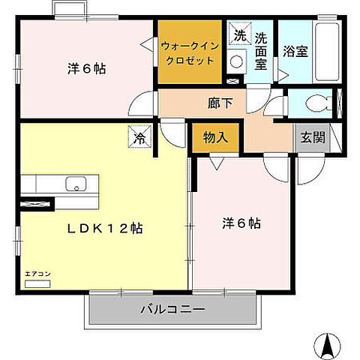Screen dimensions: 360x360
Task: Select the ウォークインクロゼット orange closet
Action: coord(189,51)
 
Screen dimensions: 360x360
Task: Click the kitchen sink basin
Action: coord(76,184)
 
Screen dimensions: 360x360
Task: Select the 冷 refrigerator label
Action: coord(139,137)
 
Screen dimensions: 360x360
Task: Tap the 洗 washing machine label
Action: coord(240,35)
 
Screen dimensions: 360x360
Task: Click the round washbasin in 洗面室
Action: coord(236,61)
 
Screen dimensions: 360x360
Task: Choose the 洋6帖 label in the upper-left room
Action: coord(86,69)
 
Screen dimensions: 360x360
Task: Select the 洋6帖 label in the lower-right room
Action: coord(241,223)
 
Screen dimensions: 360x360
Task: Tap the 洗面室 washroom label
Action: coord(261,51)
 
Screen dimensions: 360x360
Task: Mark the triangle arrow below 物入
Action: coord(217,163)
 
